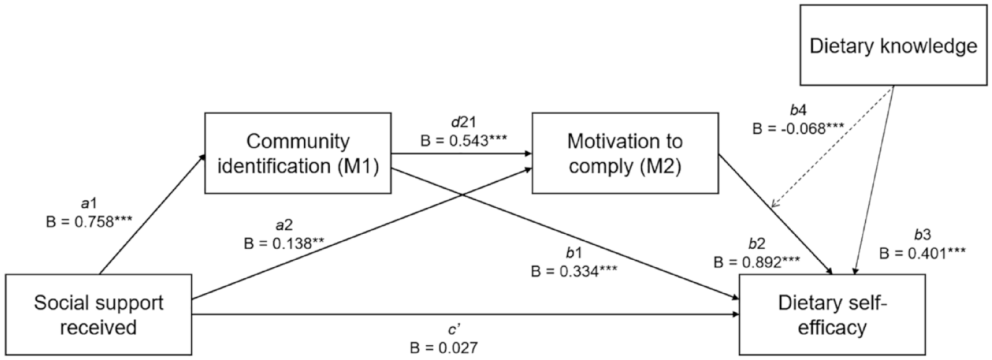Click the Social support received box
click(98, 314)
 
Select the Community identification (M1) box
click(298, 153)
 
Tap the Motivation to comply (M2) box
click(625, 153)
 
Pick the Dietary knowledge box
click(893, 45)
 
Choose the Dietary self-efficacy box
click(832, 314)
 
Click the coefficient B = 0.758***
click(89, 221)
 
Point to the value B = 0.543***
click(464, 140)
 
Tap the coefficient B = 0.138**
click(284, 243)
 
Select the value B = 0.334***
click(574, 270)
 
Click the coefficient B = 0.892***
click(757, 262)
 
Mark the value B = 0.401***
click(923, 253)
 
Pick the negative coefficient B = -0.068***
click(798, 129)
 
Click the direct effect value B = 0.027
click(444, 348)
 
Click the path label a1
click(89, 203)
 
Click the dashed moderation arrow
click(832, 146)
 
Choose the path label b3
click(923, 234)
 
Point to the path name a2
click(284, 225)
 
